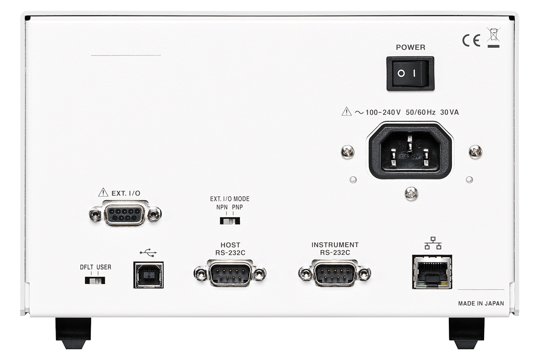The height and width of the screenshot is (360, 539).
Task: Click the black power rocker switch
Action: click(410, 73)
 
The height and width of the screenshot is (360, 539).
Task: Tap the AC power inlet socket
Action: click(410, 150)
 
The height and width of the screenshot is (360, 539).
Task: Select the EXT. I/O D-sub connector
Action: click(125, 213)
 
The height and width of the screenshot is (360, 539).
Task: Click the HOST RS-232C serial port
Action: click(230, 273)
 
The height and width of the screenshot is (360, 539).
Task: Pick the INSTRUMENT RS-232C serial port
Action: click(335, 273)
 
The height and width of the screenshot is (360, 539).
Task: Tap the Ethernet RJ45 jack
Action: click(432, 271)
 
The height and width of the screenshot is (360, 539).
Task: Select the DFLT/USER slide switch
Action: click(95, 280)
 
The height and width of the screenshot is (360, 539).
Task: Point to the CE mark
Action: click(471, 40)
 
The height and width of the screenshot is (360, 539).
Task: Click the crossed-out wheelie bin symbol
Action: click(493, 37)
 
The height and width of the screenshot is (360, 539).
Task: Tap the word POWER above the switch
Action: click(410, 47)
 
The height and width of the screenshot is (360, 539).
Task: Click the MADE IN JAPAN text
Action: click(480, 304)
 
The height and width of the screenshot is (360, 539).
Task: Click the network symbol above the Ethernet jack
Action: click(432, 243)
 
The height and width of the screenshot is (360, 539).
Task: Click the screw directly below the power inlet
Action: click(411, 193)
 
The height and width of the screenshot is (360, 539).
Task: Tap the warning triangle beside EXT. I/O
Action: click(103, 192)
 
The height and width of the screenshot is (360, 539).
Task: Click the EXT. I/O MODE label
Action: click(230, 199)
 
